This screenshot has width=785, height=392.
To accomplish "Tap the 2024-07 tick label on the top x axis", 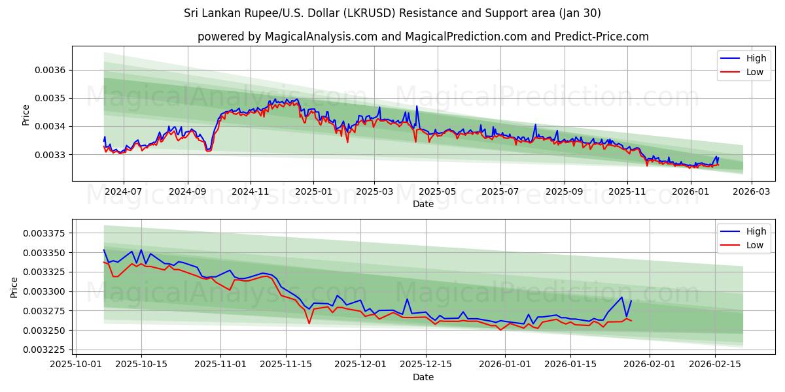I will (x=123, y=192).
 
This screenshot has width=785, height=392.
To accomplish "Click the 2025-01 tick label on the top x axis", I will (x=313, y=192).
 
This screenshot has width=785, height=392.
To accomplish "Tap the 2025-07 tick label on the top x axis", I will (x=500, y=192).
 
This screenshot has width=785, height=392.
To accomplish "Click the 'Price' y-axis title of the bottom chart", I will (x=14, y=287).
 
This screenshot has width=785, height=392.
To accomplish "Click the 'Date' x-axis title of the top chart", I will (x=423, y=204).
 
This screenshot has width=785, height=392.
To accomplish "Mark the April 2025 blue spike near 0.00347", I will (x=417, y=106).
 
